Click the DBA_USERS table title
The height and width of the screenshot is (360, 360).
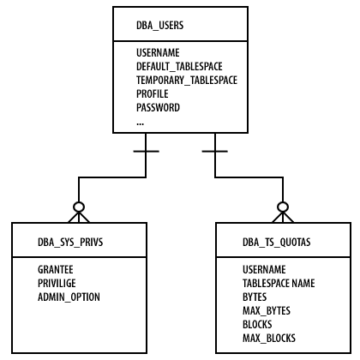pyautogui.click(x=160, y=26)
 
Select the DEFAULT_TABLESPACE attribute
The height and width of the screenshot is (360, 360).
pyautogui.click(x=179, y=67)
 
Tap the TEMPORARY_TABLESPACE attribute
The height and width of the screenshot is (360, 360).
pyautogui.click(x=187, y=81)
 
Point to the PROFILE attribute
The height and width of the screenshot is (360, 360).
pyautogui.click(x=153, y=93)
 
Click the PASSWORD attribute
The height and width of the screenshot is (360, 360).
pyautogui.click(x=158, y=107)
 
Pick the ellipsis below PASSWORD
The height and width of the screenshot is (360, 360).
pyautogui.click(x=140, y=123)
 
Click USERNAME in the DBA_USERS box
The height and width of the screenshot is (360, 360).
pyautogui.click(x=158, y=52)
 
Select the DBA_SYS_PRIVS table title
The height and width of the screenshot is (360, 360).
pyautogui.click(x=70, y=243)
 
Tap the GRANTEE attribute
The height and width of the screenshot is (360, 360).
pyautogui.click(x=56, y=269)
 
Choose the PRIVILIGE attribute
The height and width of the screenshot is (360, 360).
pyautogui.click(x=57, y=283)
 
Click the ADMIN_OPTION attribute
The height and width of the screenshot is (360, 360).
pyautogui.click(x=69, y=297)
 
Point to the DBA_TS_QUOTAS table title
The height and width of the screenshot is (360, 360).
pyautogui.click(x=277, y=243)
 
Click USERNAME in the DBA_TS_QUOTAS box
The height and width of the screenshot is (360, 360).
pyautogui.click(x=264, y=269)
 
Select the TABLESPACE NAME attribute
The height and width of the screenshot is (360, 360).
pyautogui.click(x=279, y=283)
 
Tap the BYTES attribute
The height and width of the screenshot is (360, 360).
pyautogui.click(x=255, y=297)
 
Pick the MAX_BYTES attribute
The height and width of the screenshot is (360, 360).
pyautogui.click(x=267, y=311)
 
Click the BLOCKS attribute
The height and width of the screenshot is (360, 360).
pyautogui.click(x=257, y=324)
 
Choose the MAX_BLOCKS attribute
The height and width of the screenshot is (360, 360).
pyautogui.click(x=269, y=339)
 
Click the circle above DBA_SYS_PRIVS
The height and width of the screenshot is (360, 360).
pyautogui.click(x=79, y=202)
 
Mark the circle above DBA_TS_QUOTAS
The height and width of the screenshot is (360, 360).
pyautogui.click(x=283, y=202)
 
